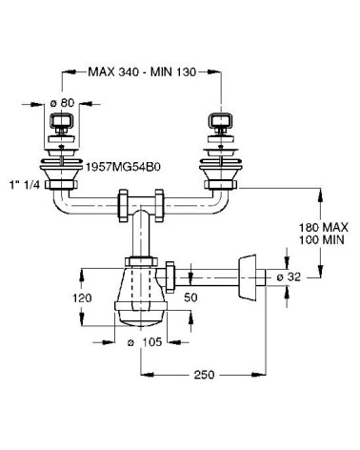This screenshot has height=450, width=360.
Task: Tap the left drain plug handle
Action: coord(60,122)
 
